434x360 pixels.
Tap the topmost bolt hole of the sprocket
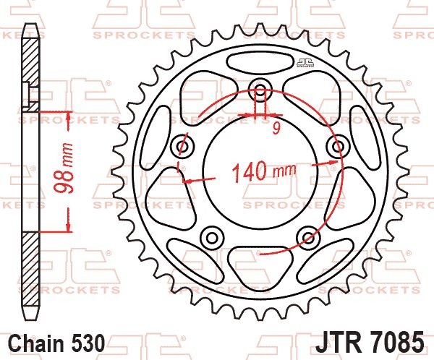260,91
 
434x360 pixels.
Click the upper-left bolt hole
182,147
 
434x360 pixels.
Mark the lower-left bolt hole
212,238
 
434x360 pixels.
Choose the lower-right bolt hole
307,238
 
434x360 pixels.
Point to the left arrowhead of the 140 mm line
187,181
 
